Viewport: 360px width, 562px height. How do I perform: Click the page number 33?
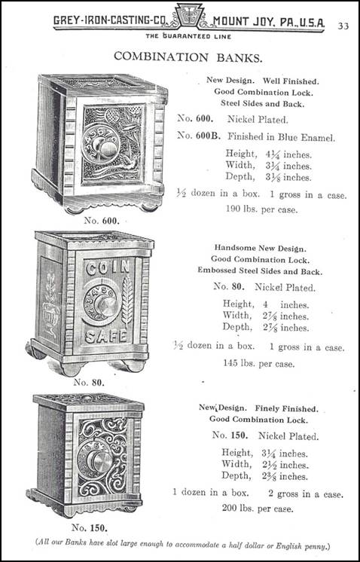pyautogui.click(x=343, y=26)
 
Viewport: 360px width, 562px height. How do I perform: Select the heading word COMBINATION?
pyautogui.click(x=161, y=57)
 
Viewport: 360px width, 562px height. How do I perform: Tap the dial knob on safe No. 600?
pyautogui.click(x=107, y=146)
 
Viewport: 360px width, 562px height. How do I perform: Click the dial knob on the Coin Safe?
pyautogui.click(x=107, y=307)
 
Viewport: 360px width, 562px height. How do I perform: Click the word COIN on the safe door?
pyautogui.click(x=108, y=267)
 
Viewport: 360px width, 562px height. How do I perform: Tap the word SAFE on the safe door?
pyautogui.click(x=106, y=336)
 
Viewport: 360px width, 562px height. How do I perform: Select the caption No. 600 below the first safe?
pyautogui.click(x=102, y=221)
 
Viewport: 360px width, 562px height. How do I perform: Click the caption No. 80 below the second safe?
pyautogui.click(x=88, y=382)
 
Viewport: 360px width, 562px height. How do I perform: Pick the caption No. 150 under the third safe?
pyautogui.click(x=89, y=527)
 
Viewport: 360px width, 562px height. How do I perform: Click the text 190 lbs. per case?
pyautogui.click(x=261, y=209)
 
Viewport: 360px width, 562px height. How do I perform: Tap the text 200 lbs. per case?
pyautogui.click(x=258, y=508)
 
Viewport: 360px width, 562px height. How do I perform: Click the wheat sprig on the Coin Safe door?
pyautogui.click(x=127, y=301)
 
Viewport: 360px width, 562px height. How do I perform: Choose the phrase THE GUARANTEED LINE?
pyautogui.click(x=188, y=36)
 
